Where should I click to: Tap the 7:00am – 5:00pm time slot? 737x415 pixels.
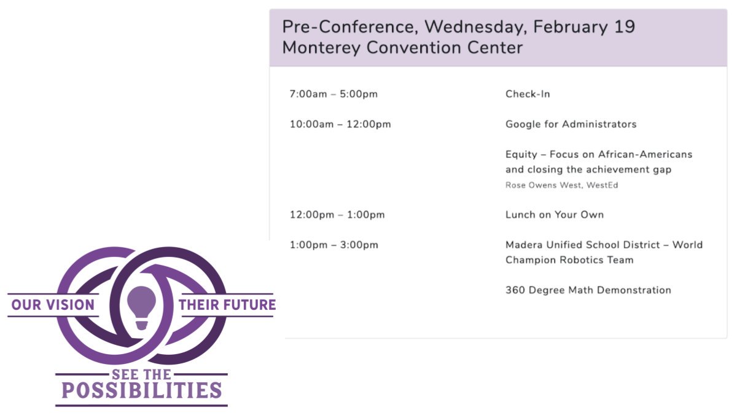click(x=333, y=94)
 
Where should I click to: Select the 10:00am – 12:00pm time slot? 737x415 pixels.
click(x=340, y=124)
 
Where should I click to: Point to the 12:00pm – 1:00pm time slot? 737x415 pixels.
click(x=337, y=215)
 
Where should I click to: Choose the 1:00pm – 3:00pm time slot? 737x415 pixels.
click(x=334, y=245)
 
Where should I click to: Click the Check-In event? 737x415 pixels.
click(x=528, y=94)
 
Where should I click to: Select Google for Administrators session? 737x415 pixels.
click(x=571, y=124)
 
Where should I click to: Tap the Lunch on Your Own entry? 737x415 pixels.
click(x=554, y=215)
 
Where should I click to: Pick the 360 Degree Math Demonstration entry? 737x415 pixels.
click(x=588, y=290)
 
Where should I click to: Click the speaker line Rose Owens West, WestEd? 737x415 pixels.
click(x=561, y=185)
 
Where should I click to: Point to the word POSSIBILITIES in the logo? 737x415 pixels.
click(x=141, y=390)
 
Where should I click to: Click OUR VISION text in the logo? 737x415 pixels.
click(x=53, y=305)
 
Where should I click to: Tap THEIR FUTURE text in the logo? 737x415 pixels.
click(x=227, y=305)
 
